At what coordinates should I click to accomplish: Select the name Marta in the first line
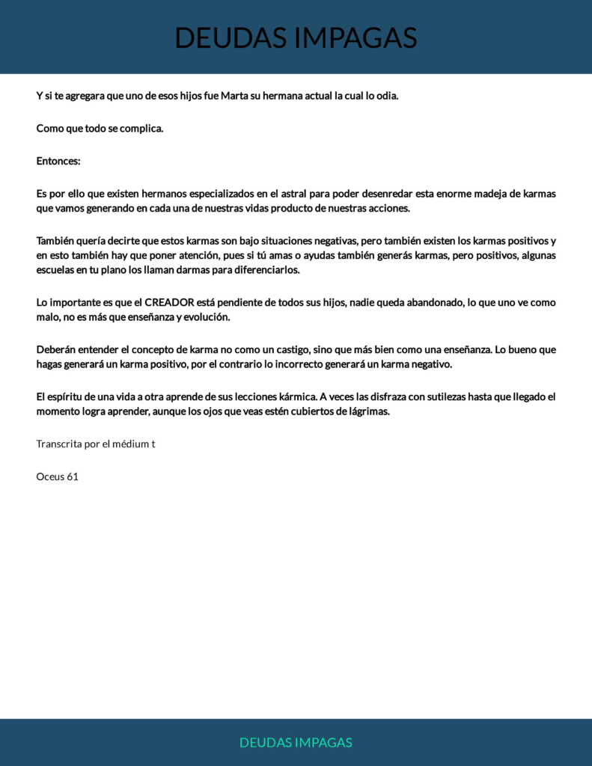[x=235, y=96]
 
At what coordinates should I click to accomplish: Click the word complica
[x=141, y=128]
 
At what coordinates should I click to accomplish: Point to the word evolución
[x=204, y=317]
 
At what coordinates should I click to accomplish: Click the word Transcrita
[x=59, y=444]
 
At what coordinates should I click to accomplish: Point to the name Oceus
[x=49, y=477]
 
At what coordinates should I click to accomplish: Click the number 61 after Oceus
[x=73, y=477]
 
